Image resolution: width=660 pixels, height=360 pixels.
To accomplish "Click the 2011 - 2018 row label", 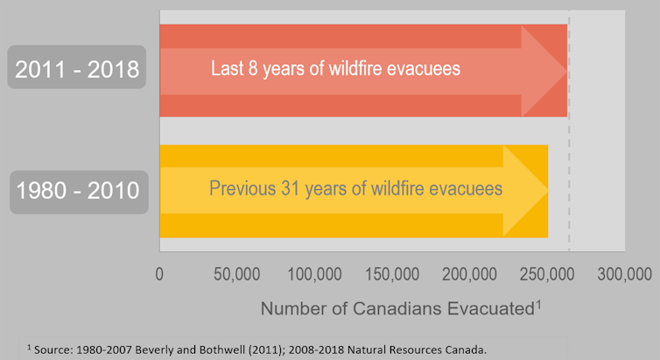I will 77,68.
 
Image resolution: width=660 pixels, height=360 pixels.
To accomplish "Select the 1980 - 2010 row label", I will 77,189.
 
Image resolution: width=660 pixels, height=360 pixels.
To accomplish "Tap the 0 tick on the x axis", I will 159,274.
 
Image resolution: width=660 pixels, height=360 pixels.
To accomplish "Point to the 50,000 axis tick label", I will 235,274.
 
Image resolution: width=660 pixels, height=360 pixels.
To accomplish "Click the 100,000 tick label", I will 313,274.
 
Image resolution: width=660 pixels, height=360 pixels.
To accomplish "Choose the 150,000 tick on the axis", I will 391,274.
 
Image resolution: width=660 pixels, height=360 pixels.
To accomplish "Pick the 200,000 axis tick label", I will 469,274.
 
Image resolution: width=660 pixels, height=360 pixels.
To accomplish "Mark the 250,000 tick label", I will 546,274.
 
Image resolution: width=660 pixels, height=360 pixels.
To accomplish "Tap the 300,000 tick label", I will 623,274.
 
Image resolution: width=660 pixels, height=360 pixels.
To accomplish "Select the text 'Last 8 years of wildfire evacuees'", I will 335,68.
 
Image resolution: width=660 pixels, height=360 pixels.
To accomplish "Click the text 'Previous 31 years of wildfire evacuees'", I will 355,188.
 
